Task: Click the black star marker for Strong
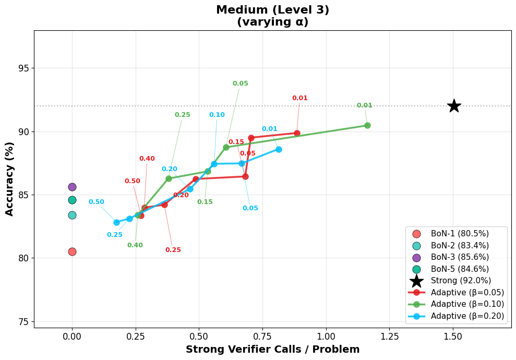click(454, 105)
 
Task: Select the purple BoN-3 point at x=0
click(72, 187)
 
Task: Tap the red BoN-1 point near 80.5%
click(72, 251)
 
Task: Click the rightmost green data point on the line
click(367, 125)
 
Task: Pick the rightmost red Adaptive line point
click(297, 133)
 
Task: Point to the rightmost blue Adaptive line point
click(279, 149)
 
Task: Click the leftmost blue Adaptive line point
click(116, 222)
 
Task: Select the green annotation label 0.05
click(240, 83)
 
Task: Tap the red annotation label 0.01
click(299, 98)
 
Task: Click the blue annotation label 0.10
click(217, 115)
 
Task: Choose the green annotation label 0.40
click(135, 245)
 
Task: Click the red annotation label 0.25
click(173, 250)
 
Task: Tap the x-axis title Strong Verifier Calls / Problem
click(272, 350)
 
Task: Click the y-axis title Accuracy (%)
click(9, 179)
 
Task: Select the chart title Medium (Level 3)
click(272, 10)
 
